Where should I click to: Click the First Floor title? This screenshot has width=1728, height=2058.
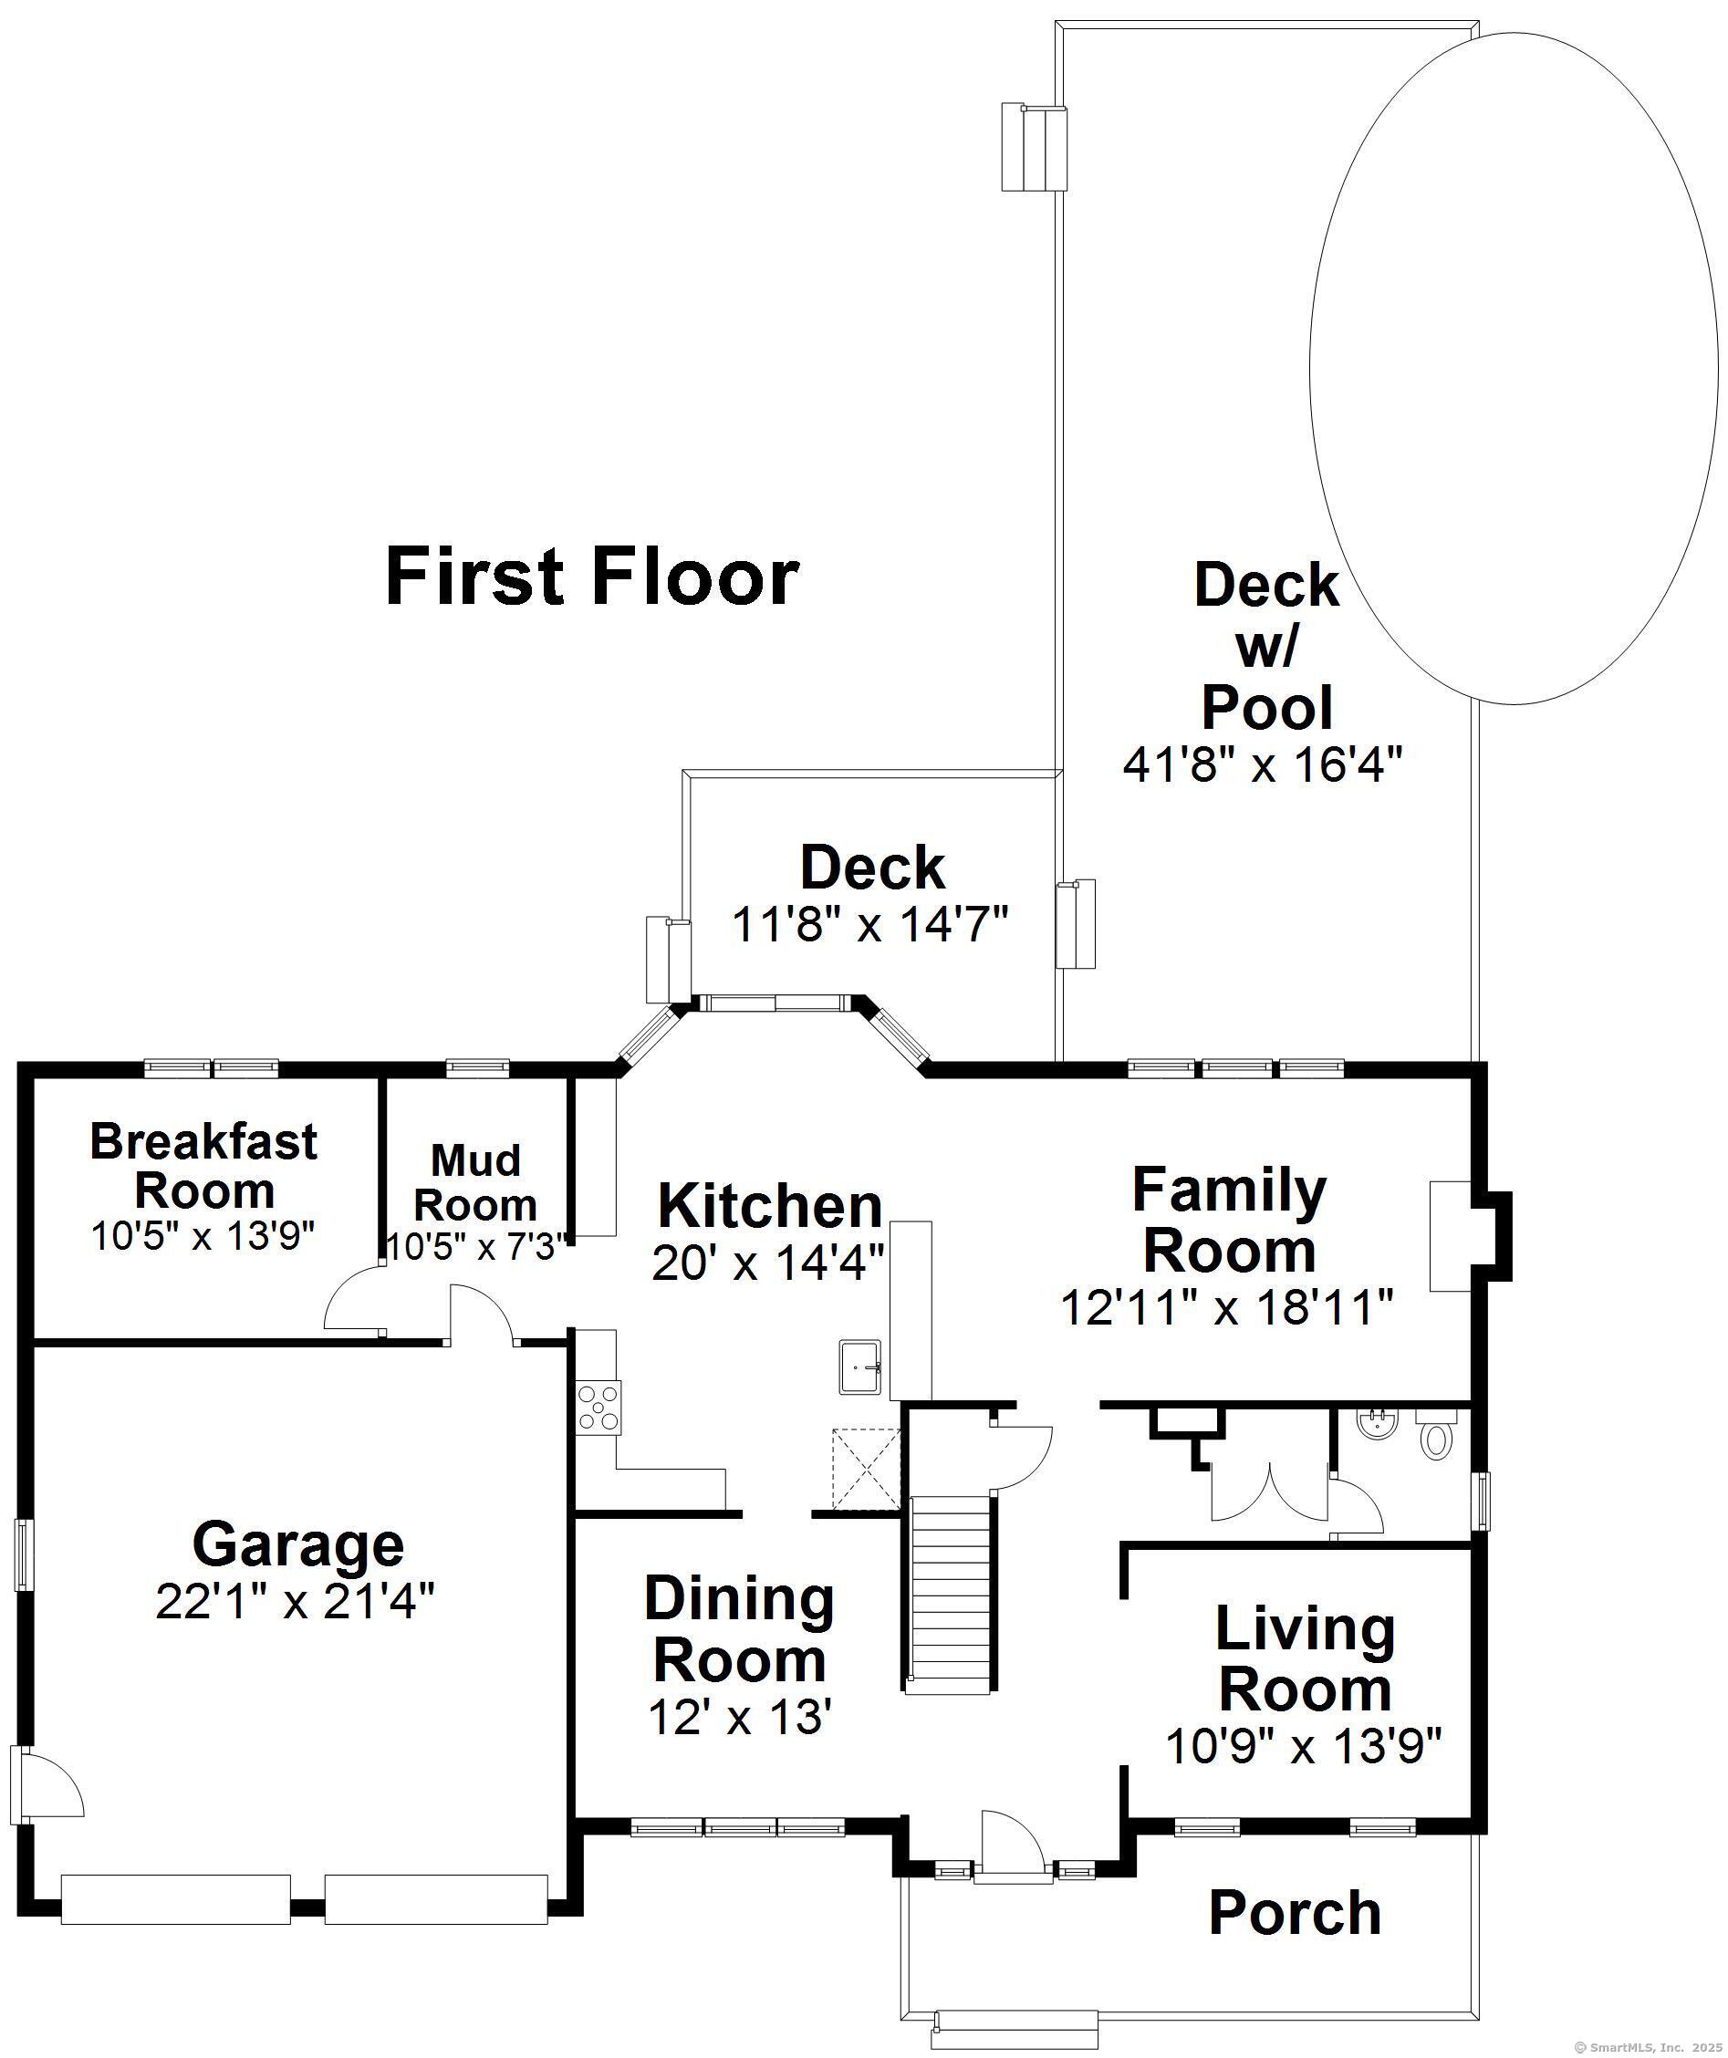592,577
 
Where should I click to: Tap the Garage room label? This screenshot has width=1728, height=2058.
298,1543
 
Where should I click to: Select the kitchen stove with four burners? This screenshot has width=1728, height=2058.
598,1408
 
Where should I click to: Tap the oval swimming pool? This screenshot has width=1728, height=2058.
1514,368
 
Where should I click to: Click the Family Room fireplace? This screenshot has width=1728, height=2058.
1470,1235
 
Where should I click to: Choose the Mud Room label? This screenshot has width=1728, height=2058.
475,1183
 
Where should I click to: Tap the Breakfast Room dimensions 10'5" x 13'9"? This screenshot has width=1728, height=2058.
203,1237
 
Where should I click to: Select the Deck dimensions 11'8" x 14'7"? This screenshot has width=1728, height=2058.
870,924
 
